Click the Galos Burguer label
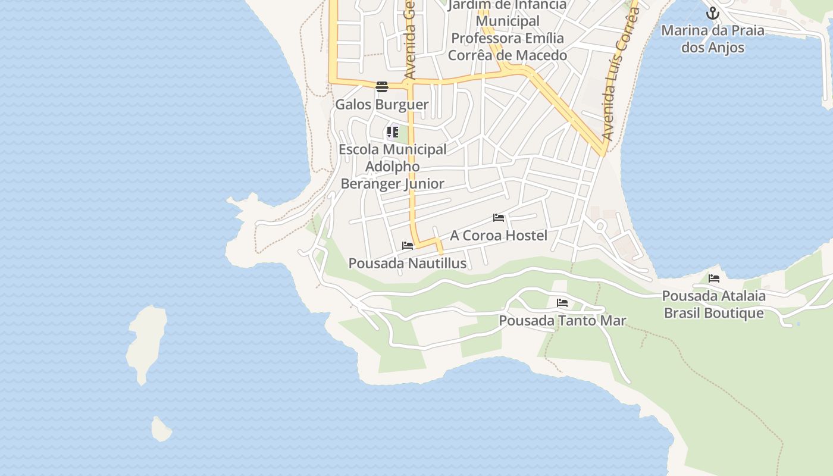coord(381,105)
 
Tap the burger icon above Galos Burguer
coord(382,87)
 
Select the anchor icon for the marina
coord(713,13)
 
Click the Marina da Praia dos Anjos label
coord(713,39)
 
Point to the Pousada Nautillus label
coord(407,263)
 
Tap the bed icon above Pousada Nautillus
coord(408,245)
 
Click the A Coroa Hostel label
coord(498,236)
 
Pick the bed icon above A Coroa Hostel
coord(499,218)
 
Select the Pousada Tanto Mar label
coord(562,321)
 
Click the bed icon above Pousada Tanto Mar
coord(562,303)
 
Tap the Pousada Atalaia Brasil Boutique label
coord(713,304)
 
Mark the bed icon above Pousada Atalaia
coord(714,278)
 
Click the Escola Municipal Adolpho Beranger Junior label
coord(392,167)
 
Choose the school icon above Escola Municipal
coord(392,132)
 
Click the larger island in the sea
coord(146,342)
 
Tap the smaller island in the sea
coord(160,429)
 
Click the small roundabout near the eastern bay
coord(600,226)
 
